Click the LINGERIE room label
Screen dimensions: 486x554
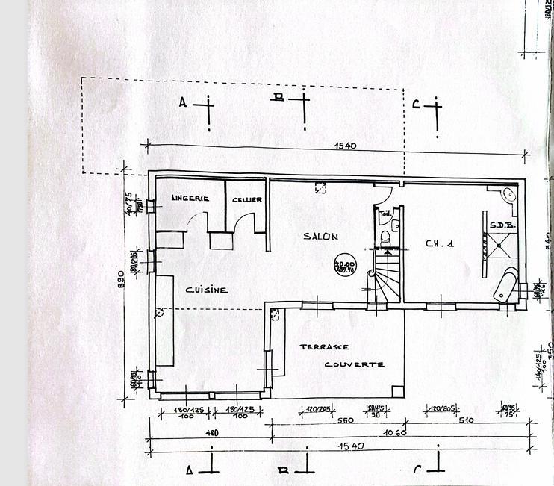tap(189, 199)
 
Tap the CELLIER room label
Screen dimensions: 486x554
tap(246, 200)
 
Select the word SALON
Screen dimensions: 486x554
tap(320, 237)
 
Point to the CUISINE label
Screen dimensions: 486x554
tap(207, 290)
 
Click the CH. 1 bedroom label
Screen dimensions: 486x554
tap(440, 243)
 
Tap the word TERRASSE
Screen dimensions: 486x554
tap(324, 347)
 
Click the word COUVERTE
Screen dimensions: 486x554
tap(354, 364)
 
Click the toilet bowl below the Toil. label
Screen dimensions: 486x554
tap(385, 238)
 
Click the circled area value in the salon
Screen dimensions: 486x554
tap(345, 267)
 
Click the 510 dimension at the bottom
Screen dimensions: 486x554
tap(465, 421)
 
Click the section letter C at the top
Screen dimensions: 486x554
tap(417, 105)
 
